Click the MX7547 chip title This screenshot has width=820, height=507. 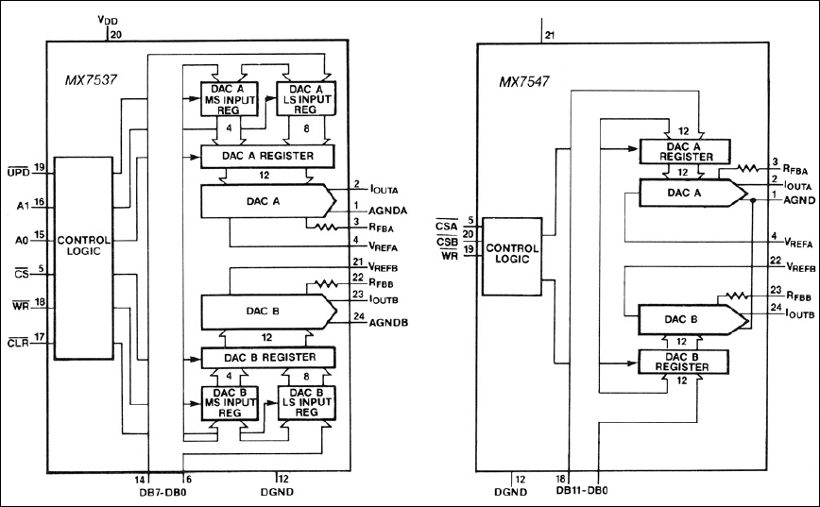pyautogui.click(x=527, y=81)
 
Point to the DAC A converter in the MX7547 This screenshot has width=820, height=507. pyautogui.click(x=678, y=193)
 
